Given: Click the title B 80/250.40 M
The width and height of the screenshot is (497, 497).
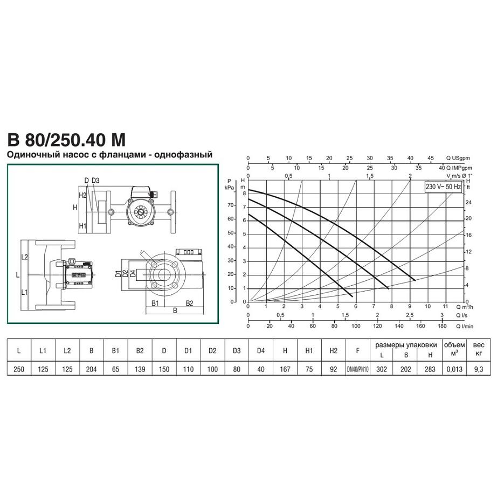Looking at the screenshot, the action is pyautogui.click(x=66, y=140).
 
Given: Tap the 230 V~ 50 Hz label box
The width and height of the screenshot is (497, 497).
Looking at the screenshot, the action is pyautogui.click(x=443, y=187).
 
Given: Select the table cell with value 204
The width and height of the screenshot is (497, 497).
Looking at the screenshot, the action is pyautogui.click(x=91, y=369).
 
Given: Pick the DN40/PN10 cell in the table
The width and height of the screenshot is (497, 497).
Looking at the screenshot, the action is pyautogui.click(x=357, y=369).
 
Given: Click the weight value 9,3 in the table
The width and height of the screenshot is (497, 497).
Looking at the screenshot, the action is pyautogui.click(x=479, y=369).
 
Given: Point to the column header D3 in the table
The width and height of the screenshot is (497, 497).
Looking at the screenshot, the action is pyautogui.click(x=237, y=350).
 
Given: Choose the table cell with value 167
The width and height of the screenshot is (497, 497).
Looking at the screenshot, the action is pyautogui.click(x=285, y=369).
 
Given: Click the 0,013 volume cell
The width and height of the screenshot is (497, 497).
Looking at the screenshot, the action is pyautogui.click(x=454, y=369).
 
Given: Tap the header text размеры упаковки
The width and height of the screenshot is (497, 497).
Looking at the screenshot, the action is pyautogui.click(x=406, y=345).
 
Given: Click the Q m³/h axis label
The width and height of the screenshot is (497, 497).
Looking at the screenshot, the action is pyautogui.click(x=464, y=307).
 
